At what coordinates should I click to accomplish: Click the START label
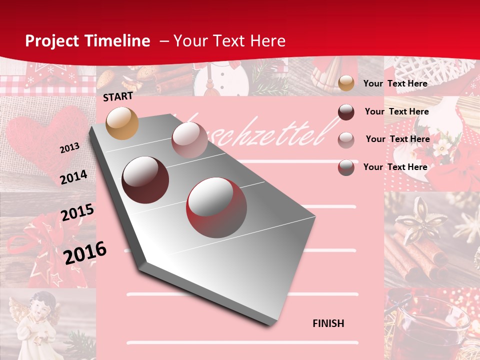tap(118, 96)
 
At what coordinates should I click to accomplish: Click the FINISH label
tap(328, 323)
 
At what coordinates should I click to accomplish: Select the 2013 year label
tap(69, 148)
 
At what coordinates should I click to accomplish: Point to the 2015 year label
tap(77, 212)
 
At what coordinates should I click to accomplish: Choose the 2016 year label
tap(85, 252)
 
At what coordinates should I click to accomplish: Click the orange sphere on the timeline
tap(122, 123)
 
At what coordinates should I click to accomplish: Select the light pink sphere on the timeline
tap(189, 140)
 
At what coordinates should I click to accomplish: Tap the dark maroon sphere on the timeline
tap(145, 180)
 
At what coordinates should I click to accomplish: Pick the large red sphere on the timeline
tap(216, 207)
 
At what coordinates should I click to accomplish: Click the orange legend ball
tap(346, 83)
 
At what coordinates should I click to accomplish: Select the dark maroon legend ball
tap(346, 112)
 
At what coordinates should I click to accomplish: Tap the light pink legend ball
tap(346, 140)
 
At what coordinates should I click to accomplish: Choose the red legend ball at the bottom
tap(346, 167)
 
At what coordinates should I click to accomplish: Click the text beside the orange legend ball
tap(395, 83)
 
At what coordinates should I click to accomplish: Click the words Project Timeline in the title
tap(87, 41)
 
